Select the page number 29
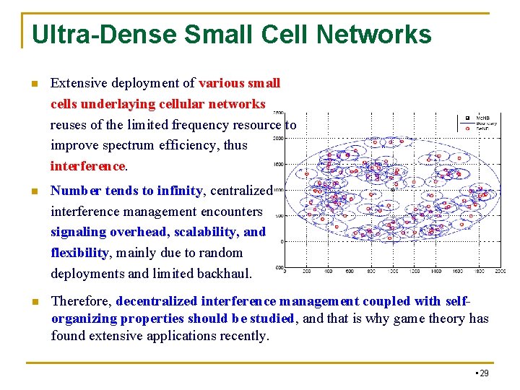483,373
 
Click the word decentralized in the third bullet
157,301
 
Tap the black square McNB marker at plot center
391,190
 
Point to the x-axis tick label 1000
392,272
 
